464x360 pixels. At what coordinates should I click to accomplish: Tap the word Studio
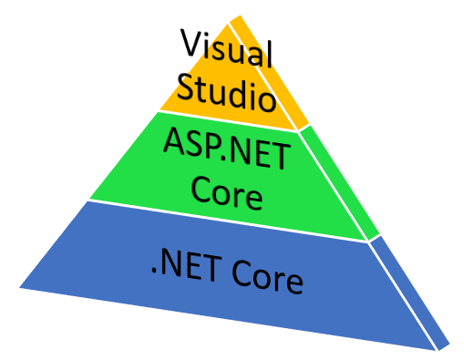[226, 91]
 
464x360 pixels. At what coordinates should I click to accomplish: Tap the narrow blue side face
[415, 292]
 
